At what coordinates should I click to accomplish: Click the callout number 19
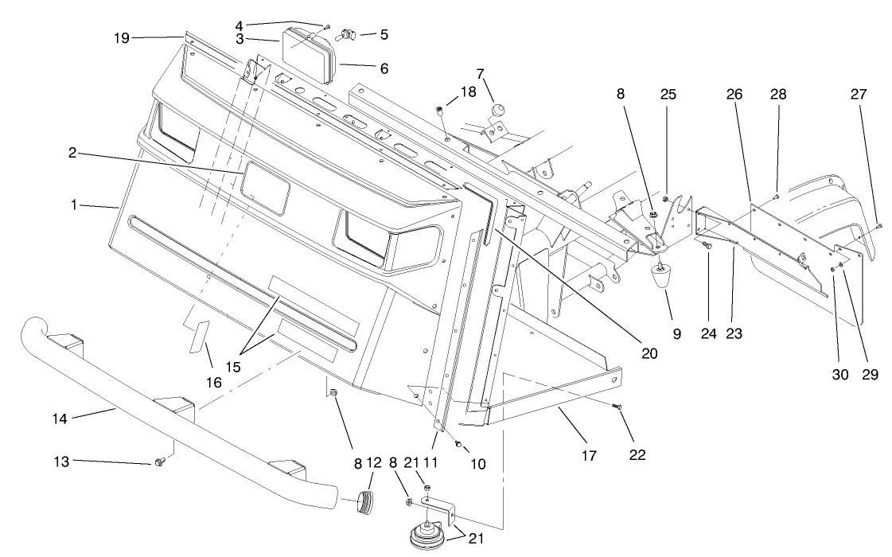tap(120, 37)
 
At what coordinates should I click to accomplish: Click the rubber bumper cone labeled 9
tap(662, 280)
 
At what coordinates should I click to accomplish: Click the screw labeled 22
tap(618, 407)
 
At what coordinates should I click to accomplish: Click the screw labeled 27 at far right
tap(878, 226)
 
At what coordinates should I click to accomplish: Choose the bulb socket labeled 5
tap(347, 34)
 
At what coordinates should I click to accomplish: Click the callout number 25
tap(667, 94)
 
